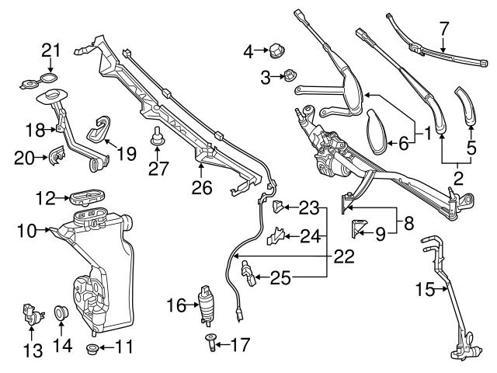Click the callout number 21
(x=50, y=50)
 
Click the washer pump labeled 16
(x=207, y=305)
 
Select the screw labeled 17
(x=211, y=341)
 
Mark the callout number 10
(x=27, y=229)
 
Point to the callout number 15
(x=424, y=291)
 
